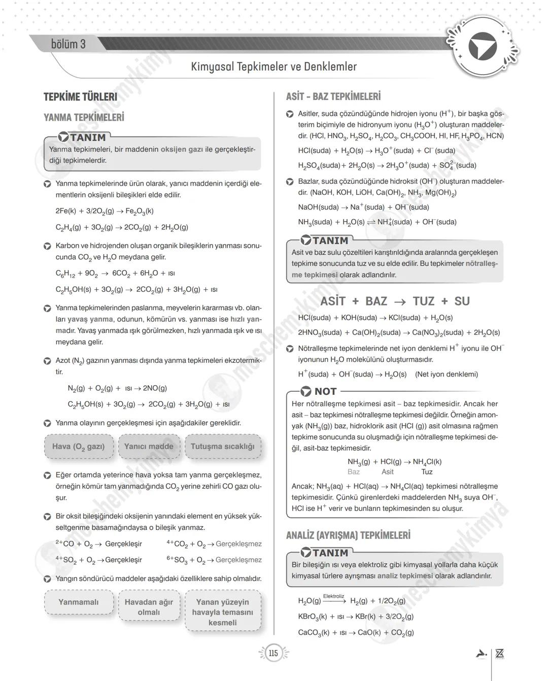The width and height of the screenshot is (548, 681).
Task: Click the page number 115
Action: (x=273, y=653)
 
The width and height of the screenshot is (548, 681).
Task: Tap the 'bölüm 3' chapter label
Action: (x=68, y=44)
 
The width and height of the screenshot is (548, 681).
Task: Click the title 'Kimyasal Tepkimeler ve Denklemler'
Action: (x=273, y=66)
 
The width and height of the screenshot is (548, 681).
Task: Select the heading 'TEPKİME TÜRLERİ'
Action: (x=80, y=97)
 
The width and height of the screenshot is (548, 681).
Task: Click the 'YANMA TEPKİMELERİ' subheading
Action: (x=84, y=117)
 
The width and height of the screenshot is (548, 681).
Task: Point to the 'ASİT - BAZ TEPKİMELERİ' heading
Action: (x=333, y=96)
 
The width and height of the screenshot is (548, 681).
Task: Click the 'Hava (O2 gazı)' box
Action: (x=79, y=447)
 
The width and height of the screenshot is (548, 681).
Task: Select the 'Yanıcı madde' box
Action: (x=149, y=447)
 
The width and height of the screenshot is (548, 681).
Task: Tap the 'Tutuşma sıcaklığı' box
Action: (x=222, y=447)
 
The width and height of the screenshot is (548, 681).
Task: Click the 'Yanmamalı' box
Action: (x=79, y=602)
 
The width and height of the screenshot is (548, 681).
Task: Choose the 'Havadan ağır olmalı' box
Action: (x=149, y=607)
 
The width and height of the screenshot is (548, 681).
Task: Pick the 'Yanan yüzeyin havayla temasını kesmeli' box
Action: (x=222, y=612)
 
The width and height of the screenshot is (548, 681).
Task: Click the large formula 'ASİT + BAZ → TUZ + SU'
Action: (x=395, y=301)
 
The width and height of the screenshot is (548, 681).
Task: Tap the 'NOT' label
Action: (x=325, y=391)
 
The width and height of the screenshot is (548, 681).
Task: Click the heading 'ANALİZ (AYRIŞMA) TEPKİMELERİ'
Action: (x=348, y=535)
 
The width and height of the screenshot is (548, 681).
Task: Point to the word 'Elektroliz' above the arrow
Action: (x=333, y=596)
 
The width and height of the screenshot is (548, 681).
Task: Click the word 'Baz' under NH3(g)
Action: (x=354, y=472)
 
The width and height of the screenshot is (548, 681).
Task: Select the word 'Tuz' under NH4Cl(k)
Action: (x=427, y=472)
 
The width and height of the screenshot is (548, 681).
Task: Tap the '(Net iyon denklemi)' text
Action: (x=447, y=374)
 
